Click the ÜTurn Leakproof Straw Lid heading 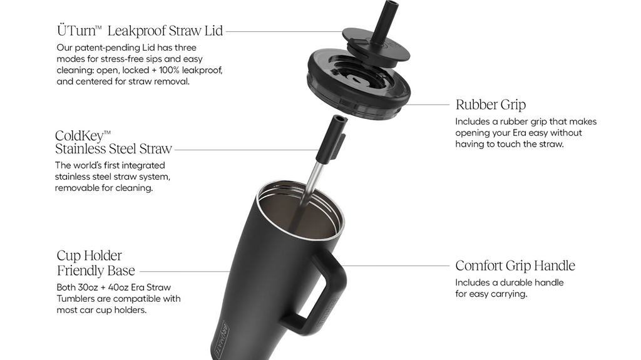140,31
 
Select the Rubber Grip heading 491,105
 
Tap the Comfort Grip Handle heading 515,266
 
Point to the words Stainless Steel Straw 114,149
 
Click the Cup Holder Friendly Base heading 96,263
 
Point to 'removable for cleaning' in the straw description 104,188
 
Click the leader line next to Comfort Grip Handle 396,266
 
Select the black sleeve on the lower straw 332,138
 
